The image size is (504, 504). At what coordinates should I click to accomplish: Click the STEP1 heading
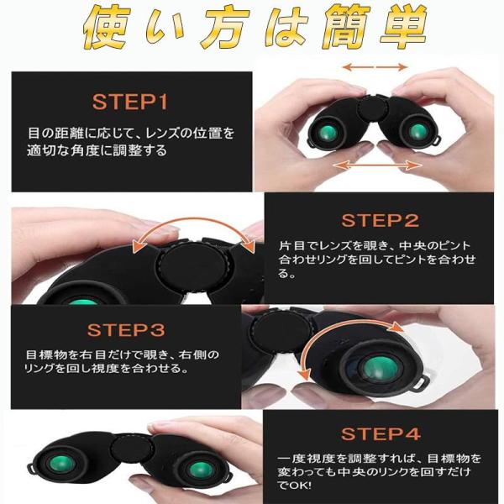130,102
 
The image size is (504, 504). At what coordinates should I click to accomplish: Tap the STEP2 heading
381,220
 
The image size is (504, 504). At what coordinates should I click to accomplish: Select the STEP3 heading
126,330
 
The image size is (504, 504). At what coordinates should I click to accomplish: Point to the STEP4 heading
381,433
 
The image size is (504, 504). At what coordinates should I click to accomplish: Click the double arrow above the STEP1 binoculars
375,67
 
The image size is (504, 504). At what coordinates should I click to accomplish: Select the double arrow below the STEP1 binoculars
377,165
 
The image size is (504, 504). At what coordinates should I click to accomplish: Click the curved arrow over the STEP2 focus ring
193,222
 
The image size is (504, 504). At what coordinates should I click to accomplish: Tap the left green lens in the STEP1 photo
328,132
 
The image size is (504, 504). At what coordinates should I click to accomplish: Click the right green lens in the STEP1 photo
418,131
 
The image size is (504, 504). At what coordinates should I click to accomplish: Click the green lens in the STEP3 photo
380,369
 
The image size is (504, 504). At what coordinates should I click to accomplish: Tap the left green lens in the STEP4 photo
61,464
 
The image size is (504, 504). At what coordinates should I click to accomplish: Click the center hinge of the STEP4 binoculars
132,449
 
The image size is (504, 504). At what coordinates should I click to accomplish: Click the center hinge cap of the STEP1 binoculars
373,108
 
